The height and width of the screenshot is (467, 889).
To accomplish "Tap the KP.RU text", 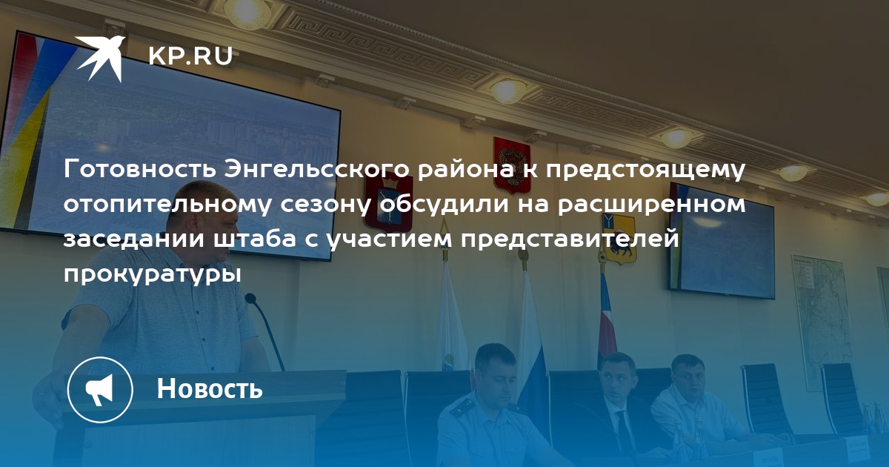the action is click(x=191, y=56).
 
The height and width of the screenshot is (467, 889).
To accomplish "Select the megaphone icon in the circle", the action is click(x=100, y=390).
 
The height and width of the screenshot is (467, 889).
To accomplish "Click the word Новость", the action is click(x=210, y=388).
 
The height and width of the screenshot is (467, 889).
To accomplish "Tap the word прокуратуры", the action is click(x=153, y=275).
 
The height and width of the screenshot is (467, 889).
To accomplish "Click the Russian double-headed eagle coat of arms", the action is click(x=513, y=165).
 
